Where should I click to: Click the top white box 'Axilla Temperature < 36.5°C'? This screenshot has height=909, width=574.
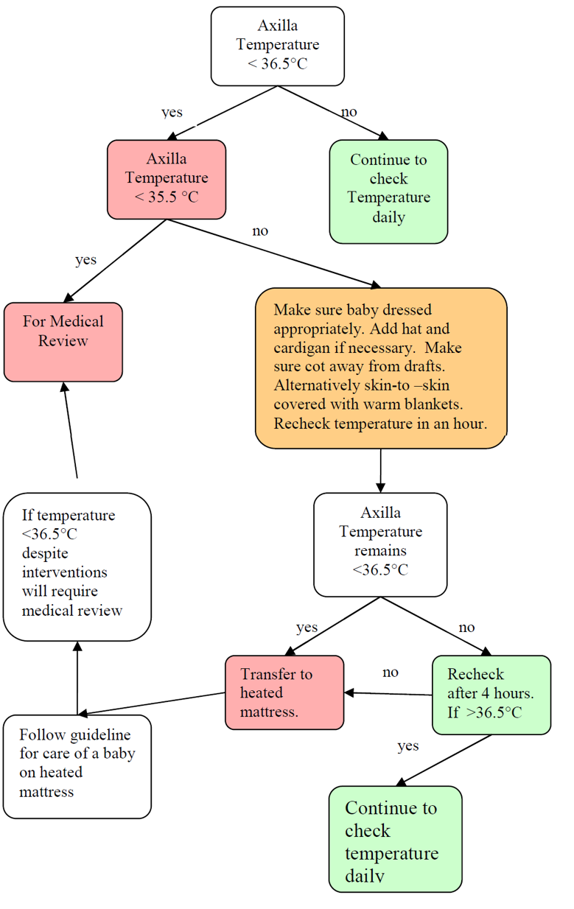[x=277, y=46]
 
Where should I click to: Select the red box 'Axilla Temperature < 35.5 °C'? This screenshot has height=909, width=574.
[x=167, y=179]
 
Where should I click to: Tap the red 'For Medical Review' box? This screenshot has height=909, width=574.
[x=63, y=341]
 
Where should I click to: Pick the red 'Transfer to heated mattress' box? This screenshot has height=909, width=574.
[x=284, y=692]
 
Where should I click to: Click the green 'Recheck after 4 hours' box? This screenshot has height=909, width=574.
[x=491, y=695]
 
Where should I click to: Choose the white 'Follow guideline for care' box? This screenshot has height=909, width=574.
[x=77, y=765]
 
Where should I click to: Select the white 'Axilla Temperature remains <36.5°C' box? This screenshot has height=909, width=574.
[x=380, y=544]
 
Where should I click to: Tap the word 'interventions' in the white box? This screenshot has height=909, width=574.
[x=64, y=572]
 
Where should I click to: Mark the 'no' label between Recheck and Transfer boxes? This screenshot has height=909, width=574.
[x=391, y=673]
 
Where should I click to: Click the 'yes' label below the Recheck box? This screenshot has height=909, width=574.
[x=407, y=746]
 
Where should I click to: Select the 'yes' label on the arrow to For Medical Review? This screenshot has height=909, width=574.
[x=85, y=260]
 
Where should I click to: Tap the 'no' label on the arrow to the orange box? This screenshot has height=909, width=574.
[x=260, y=231]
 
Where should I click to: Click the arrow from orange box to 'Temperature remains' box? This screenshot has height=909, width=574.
[x=381, y=470]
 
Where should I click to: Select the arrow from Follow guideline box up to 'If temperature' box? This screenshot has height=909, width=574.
[x=77, y=678]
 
